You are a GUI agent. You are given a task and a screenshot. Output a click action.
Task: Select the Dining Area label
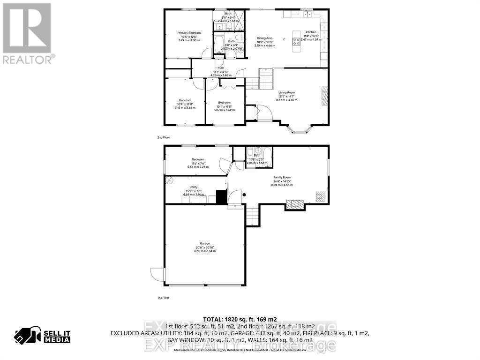coord(265,38)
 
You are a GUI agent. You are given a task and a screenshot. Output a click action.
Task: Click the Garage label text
coord(204,243)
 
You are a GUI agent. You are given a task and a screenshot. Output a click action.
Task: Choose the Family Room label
coord(282,177)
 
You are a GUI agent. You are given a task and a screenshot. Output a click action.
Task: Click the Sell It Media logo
coord(42,335)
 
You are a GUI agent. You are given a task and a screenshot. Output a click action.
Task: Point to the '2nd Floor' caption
coord(164,137)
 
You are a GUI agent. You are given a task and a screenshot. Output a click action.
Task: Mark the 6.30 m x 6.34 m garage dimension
coord(204,251)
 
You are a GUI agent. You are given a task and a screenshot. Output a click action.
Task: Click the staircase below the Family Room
coord(252,216)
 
